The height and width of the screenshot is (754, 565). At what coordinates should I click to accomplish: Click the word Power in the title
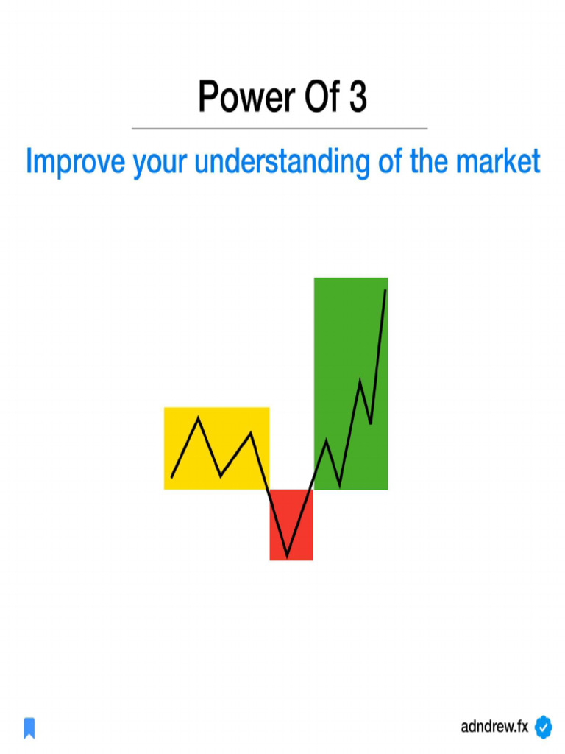(x=236, y=97)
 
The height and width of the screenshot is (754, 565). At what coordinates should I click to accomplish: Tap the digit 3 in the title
(x=357, y=97)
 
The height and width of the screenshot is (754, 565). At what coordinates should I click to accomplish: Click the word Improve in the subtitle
(x=75, y=162)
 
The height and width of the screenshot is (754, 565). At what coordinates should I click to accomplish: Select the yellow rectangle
(x=216, y=448)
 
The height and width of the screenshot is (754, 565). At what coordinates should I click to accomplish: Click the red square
(x=291, y=524)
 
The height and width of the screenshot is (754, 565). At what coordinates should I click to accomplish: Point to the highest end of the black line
(x=385, y=290)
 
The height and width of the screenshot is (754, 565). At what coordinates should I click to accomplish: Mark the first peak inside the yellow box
(x=198, y=418)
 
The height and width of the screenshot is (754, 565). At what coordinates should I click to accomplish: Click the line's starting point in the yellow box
(x=171, y=478)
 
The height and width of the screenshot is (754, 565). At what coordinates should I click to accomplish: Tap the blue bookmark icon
(x=29, y=728)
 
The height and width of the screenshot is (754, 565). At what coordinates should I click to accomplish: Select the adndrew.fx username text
(x=494, y=727)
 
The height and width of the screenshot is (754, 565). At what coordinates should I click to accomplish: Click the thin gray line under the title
(x=280, y=128)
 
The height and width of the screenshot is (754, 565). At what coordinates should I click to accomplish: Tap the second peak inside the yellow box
(x=252, y=433)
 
